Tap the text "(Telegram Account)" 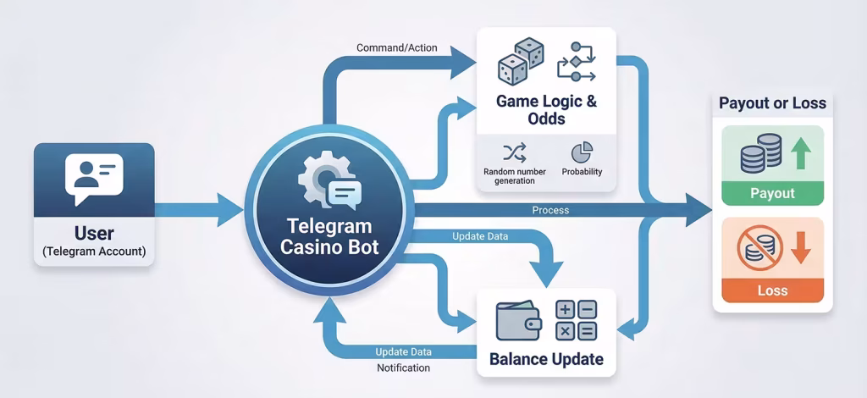coord(94,251)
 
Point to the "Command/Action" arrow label coord(397,47)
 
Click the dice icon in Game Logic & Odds coord(520,62)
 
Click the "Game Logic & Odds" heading coord(546,111)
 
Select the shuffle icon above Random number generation coord(514,152)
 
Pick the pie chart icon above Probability coord(582,152)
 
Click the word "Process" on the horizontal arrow coord(550,209)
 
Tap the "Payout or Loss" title coord(772,103)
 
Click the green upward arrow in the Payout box coord(802,155)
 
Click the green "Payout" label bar coord(772,193)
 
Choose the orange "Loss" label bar coord(772,290)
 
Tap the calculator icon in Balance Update coord(576,320)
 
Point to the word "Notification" coord(403,368)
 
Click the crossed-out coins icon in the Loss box coord(755,246)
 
